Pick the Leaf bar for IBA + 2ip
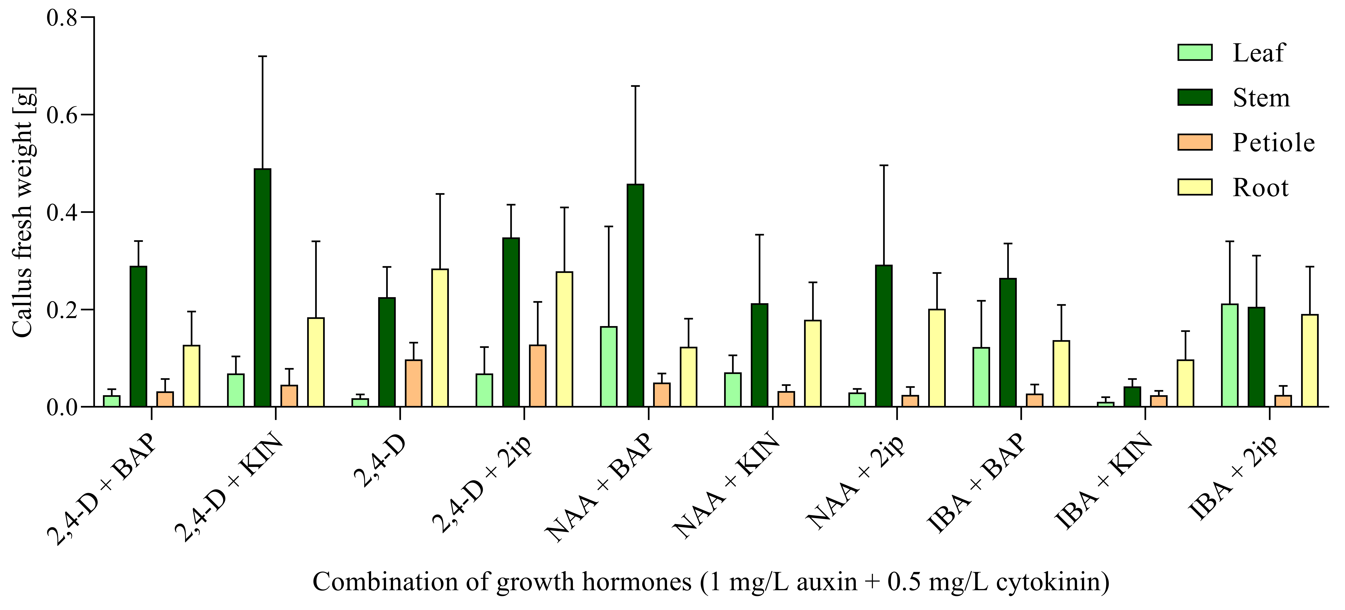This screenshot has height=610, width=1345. pos(1230,355)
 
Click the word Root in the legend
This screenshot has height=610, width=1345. pos(1260,188)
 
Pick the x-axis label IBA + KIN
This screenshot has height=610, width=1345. pos(1103,480)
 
